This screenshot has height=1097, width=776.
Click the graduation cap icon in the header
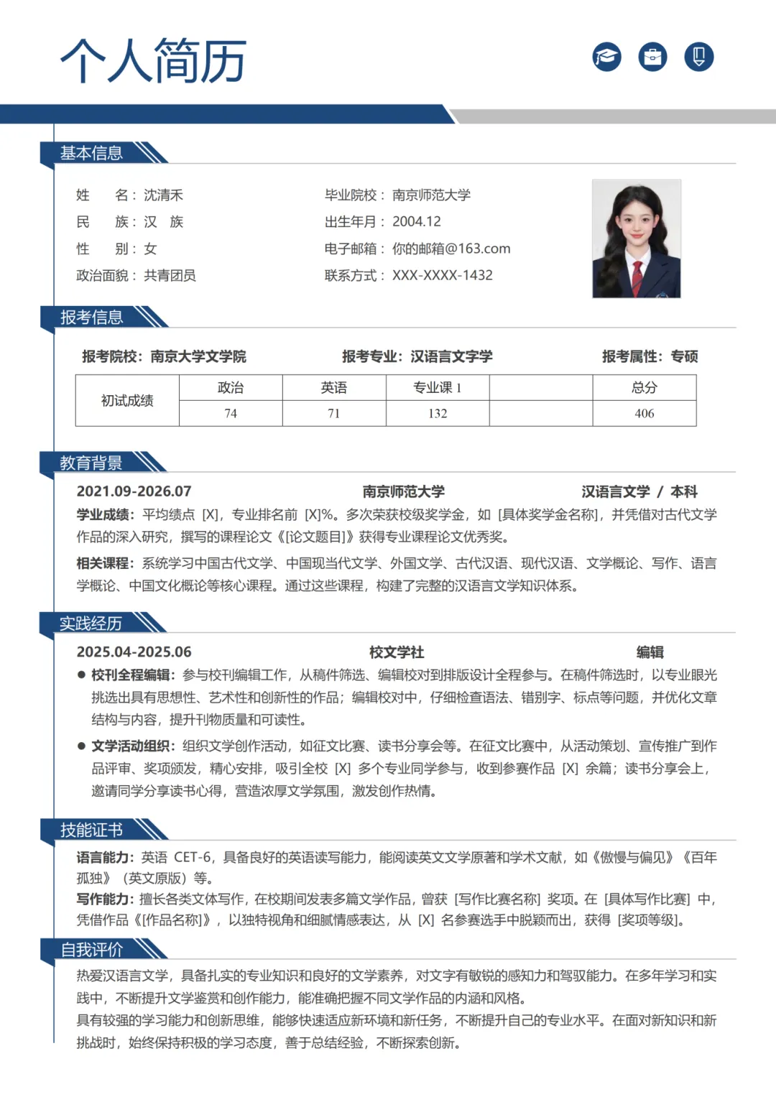[607, 57]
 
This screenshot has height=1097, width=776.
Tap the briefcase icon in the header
[652, 57]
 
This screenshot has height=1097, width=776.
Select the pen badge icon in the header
[698, 57]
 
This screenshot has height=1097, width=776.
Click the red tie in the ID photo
[637, 275]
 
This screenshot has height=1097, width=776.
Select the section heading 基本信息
[91, 153]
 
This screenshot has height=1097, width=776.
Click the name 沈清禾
[163, 195]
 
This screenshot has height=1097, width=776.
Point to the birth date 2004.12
[416, 222]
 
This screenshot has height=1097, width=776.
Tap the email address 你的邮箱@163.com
[451, 249]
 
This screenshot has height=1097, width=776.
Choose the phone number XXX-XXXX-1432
[442, 275]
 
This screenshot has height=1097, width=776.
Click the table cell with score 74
[231, 413]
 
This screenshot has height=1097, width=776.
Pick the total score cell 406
[644, 413]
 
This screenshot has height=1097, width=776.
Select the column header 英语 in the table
[334, 388]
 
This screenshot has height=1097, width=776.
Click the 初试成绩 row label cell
[127, 400]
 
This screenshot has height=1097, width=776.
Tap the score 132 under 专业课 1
[438, 413]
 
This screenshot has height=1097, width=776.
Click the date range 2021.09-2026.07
[134, 491]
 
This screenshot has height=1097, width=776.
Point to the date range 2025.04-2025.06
[134, 652]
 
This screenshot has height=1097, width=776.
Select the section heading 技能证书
[91, 830]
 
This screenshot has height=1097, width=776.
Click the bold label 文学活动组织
[132, 746]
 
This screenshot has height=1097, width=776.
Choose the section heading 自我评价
[91, 950]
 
